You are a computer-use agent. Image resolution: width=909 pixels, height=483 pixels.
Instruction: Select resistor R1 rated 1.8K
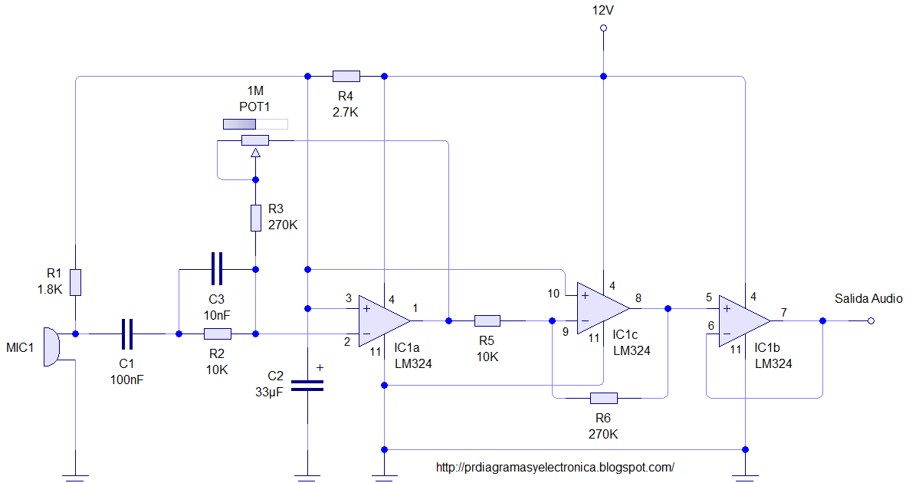click(x=75, y=282)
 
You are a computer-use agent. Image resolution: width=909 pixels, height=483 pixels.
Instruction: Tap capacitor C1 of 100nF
click(x=127, y=333)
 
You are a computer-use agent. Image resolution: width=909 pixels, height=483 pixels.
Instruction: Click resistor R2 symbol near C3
click(x=218, y=333)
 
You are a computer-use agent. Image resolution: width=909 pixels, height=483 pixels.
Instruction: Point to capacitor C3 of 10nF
click(x=217, y=269)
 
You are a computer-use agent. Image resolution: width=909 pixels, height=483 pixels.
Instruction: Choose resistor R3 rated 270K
click(x=256, y=218)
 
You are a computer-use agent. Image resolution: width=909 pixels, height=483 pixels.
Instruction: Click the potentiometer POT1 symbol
click(x=255, y=140)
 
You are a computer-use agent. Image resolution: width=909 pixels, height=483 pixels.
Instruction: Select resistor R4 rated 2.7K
click(x=346, y=76)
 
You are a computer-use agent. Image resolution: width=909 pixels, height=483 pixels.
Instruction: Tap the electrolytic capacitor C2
click(x=307, y=386)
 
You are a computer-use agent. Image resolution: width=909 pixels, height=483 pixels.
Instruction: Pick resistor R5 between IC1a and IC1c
click(x=487, y=320)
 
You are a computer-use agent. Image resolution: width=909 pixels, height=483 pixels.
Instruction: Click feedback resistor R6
click(x=603, y=398)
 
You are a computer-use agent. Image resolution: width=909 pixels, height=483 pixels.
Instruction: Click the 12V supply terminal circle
click(x=603, y=28)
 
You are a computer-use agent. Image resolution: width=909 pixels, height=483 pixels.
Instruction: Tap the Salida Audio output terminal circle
click(x=871, y=320)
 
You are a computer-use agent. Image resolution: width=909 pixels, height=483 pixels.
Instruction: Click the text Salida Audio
click(x=868, y=298)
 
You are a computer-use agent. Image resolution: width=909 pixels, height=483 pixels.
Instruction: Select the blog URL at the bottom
click(x=554, y=466)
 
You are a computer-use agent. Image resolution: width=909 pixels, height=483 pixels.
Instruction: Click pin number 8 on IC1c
click(x=638, y=299)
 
